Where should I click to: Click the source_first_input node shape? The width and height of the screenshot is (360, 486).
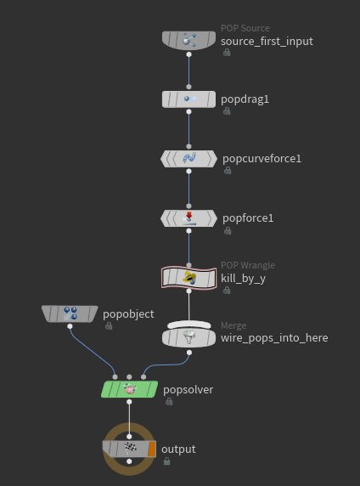click(x=188, y=40)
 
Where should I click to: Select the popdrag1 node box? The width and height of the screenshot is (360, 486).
click(x=188, y=99)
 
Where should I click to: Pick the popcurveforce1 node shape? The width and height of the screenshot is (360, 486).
click(x=188, y=159)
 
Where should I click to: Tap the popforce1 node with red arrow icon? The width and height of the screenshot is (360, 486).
click(x=188, y=218)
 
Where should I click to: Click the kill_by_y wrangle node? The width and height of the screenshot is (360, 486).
click(x=188, y=278)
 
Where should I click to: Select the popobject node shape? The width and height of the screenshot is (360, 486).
click(x=70, y=314)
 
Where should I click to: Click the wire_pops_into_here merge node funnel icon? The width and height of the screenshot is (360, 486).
click(x=188, y=337)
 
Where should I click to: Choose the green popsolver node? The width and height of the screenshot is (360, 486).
click(x=129, y=389)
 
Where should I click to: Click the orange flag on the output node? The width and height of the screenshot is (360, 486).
click(x=152, y=449)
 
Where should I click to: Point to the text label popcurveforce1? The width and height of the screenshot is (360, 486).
click(x=262, y=158)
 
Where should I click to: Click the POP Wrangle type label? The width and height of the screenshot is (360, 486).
click(x=248, y=265)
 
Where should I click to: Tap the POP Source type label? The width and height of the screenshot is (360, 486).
click(x=245, y=28)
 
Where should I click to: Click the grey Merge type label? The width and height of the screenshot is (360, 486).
click(x=233, y=325)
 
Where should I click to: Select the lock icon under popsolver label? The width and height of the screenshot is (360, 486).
click(x=169, y=401)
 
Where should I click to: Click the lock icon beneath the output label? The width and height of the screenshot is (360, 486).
click(x=166, y=461)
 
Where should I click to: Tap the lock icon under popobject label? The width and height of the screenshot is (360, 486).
click(x=109, y=325)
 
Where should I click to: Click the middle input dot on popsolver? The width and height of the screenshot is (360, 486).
click(x=129, y=377)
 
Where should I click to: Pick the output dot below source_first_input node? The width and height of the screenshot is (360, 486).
click(x=188, y=54)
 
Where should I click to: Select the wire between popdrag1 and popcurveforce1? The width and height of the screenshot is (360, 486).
click(x=188, y=129)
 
